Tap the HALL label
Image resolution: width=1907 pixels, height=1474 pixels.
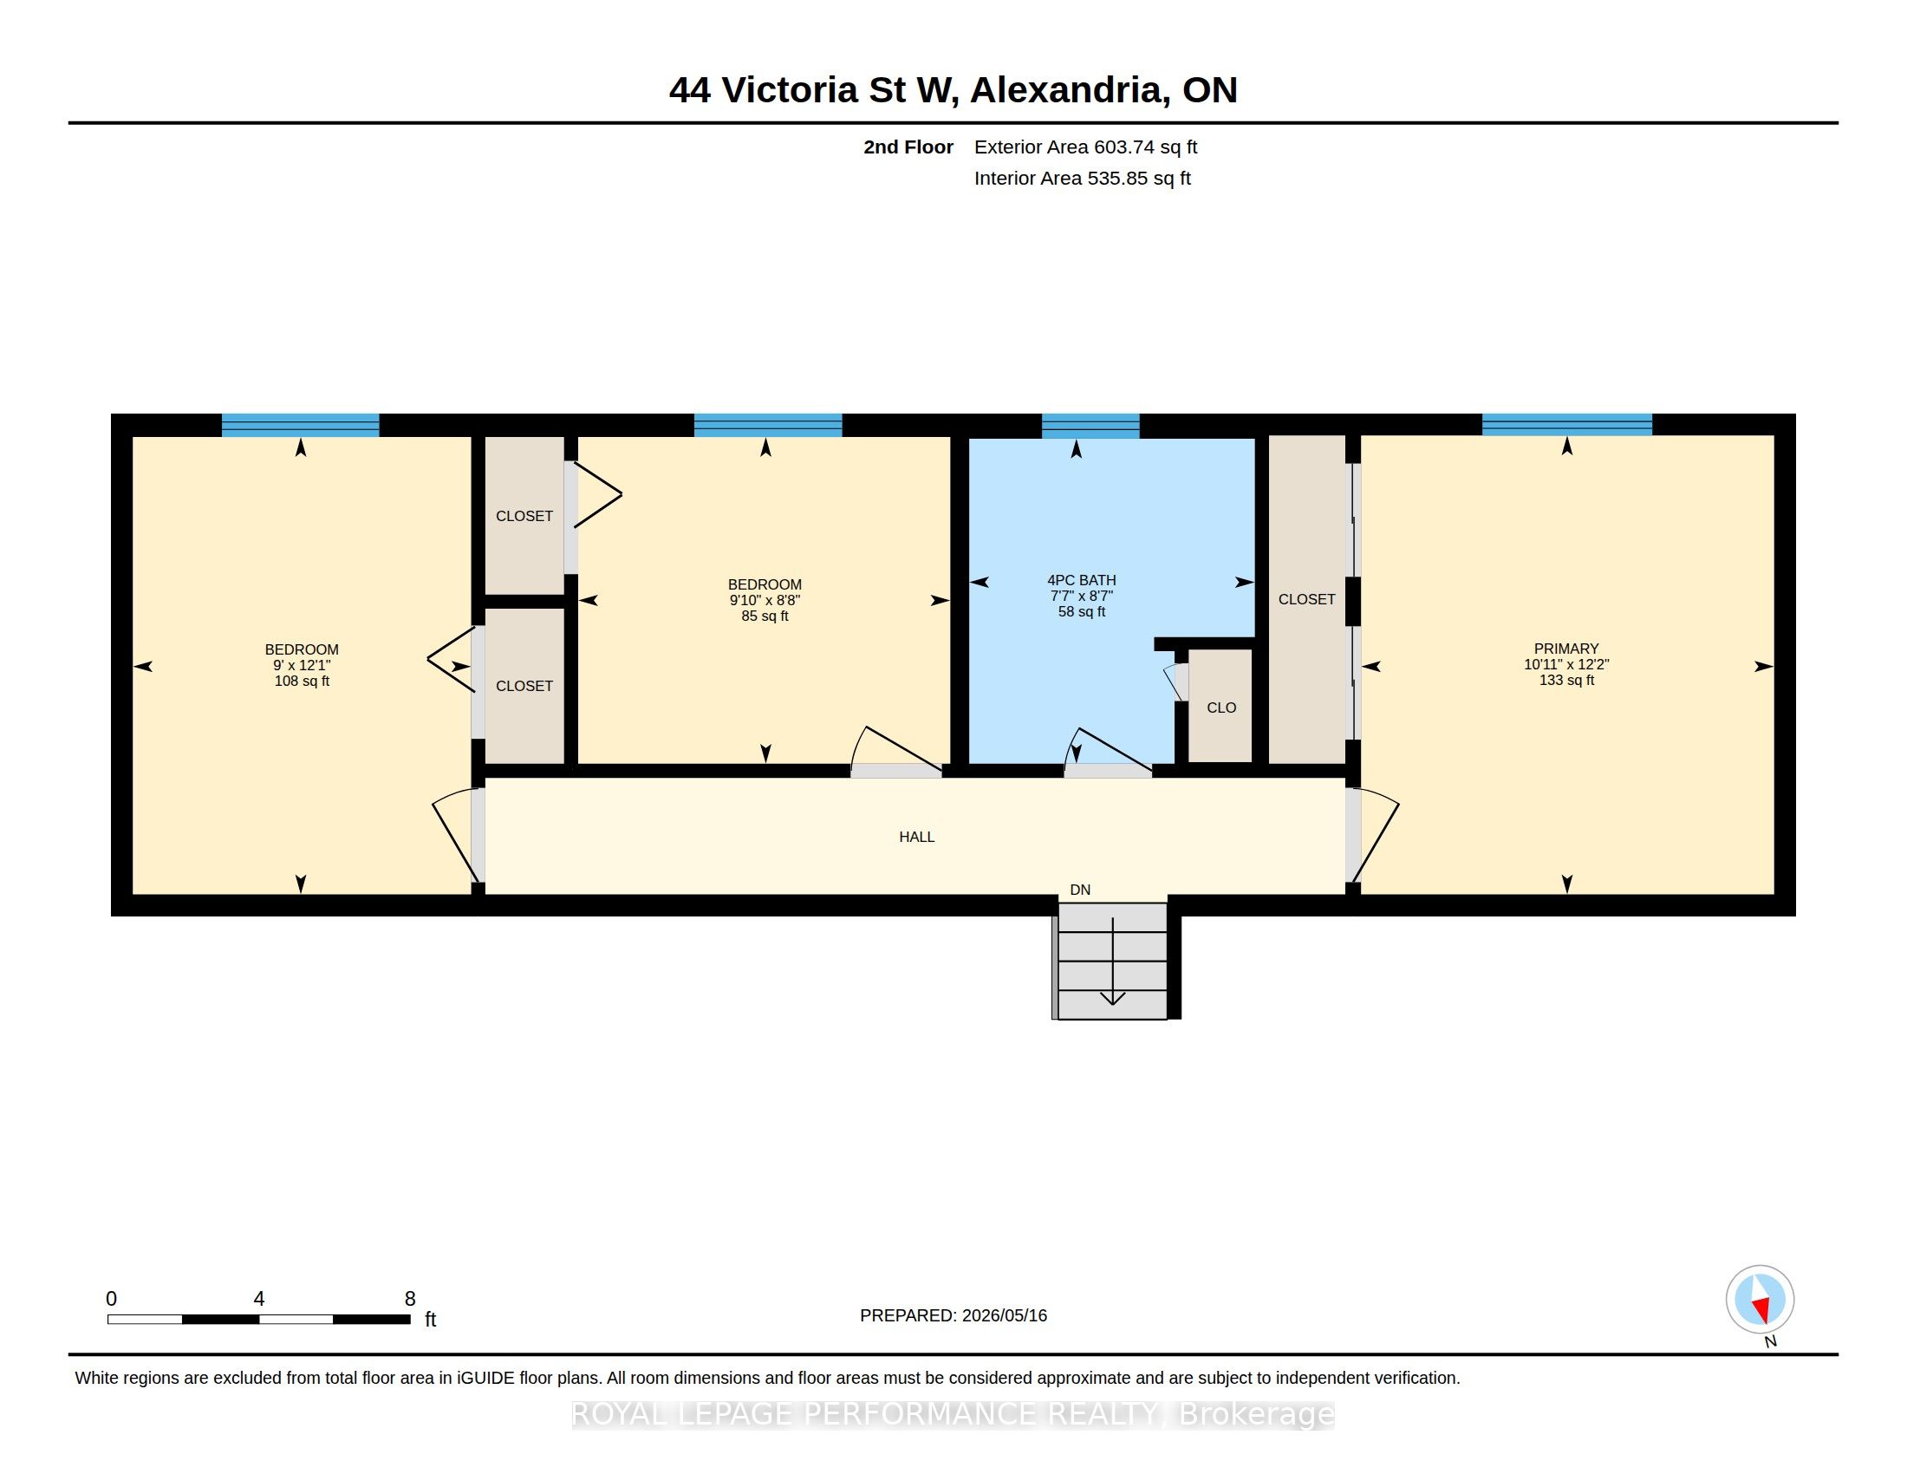click(917, 837)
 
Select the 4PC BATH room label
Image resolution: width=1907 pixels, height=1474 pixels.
click(1081, 580)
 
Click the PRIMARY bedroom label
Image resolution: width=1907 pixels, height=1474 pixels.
click(1566, 649)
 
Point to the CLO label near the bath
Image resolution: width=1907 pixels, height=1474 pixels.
click(1220, 708)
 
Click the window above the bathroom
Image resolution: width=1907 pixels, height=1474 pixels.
click(1090, 425)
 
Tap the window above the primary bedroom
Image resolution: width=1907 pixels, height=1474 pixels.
click(1566, 424)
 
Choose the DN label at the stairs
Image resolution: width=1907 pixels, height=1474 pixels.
click(1080, 890)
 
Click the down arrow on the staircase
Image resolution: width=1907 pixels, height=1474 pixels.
click(1112, 962)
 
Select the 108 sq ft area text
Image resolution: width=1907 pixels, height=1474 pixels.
click(302, 682)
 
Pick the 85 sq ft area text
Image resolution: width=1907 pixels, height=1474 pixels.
click(765, 616)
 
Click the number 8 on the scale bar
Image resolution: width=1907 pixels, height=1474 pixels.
click(409, 1299)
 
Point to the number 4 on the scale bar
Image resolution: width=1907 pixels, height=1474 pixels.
click(258, 1299)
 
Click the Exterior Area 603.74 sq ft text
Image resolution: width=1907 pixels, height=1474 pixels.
click(1085, 147)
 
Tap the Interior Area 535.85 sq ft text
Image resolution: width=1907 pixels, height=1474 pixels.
click(1082, 178)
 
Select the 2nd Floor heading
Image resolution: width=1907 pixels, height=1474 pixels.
click(908, 147)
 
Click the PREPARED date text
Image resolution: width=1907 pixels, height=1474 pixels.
click(953, 1315)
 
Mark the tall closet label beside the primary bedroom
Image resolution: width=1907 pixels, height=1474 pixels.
click(1306, 599)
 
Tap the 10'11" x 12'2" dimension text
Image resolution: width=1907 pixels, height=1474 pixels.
click(1566, 664)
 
